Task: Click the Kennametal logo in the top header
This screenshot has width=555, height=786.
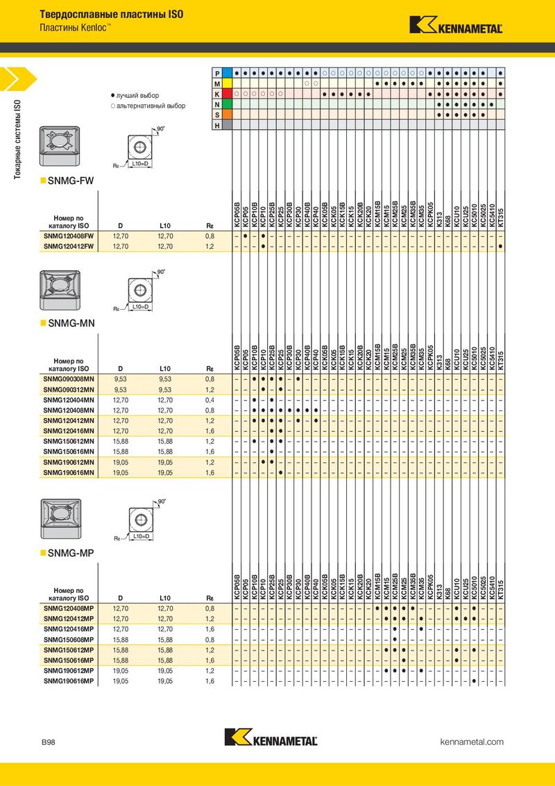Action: tap(456, 25)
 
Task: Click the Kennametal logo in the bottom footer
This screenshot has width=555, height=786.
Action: tap(271, 737)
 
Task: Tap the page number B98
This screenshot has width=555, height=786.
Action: tap(49, 742)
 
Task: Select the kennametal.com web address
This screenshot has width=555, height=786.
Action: tap(471, 742)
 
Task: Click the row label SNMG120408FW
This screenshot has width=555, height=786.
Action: tap(69, 236)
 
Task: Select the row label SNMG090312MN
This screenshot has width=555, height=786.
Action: tap(69, 390)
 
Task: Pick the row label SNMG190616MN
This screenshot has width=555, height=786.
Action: tap(69, 473)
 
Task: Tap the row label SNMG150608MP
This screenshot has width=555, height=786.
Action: tap(69, 639)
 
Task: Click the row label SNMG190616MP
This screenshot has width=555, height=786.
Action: tap(69, 681)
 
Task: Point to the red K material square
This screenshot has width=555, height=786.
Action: tap(227, 94)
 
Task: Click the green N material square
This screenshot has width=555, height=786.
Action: tap(227, 104)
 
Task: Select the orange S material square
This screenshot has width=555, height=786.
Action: tap(227, 115)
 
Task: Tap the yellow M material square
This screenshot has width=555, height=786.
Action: tap(227, 83)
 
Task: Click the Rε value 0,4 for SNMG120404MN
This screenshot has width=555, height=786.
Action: tap(210, 400)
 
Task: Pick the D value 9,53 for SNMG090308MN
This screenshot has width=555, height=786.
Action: tap(120, 380)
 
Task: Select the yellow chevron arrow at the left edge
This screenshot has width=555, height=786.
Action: tap(18, 78)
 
